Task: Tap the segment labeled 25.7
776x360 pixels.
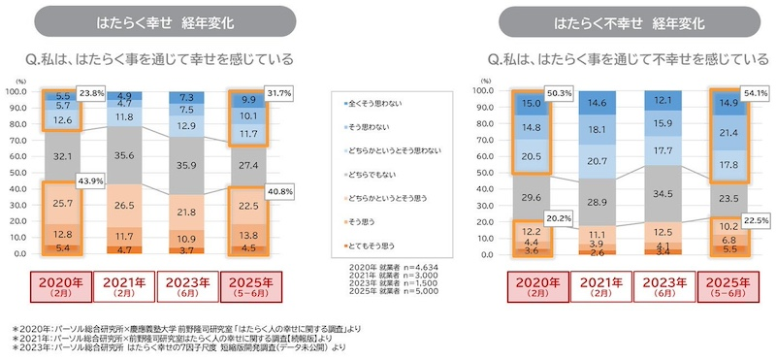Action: pos(61,204)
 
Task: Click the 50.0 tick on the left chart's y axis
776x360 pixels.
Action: pos(17,174)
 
